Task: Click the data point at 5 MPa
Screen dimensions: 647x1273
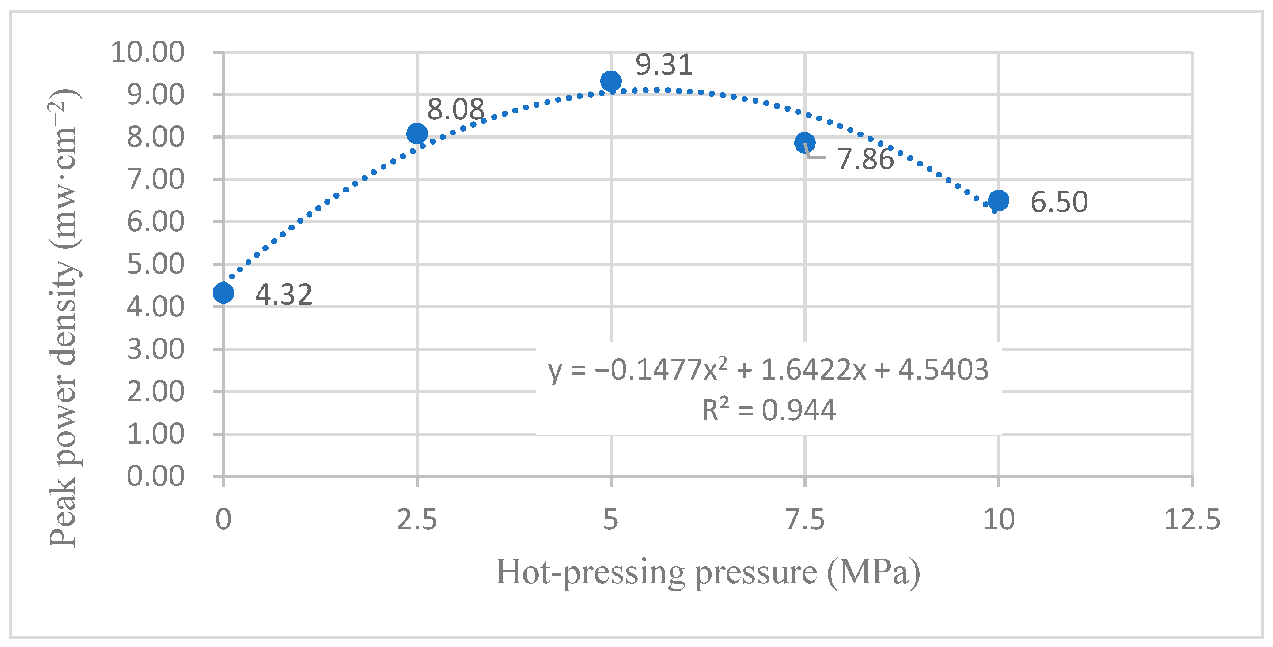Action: point(611,81)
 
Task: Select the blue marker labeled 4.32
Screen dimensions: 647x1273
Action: point(224,293)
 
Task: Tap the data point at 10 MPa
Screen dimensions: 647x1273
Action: point(999,200)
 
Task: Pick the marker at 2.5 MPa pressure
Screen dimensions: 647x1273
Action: point(417,133)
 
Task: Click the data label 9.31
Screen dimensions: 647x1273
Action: point(664,65)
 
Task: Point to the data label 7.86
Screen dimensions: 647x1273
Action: point(865,159)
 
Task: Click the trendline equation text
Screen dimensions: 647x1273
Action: point(769,370)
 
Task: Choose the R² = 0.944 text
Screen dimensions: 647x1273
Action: point(769,410)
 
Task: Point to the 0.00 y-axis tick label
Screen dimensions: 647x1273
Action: point(155,477)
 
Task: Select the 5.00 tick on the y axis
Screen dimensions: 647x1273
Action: point(155,264)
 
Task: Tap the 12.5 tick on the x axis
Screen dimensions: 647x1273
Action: point(1192,519)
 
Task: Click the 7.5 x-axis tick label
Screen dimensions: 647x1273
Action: point(805,519)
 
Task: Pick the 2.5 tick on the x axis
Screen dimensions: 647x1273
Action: point(417,519)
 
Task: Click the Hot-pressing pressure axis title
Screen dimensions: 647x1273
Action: point(708,572)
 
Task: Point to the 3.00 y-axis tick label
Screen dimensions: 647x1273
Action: point(155,349)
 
